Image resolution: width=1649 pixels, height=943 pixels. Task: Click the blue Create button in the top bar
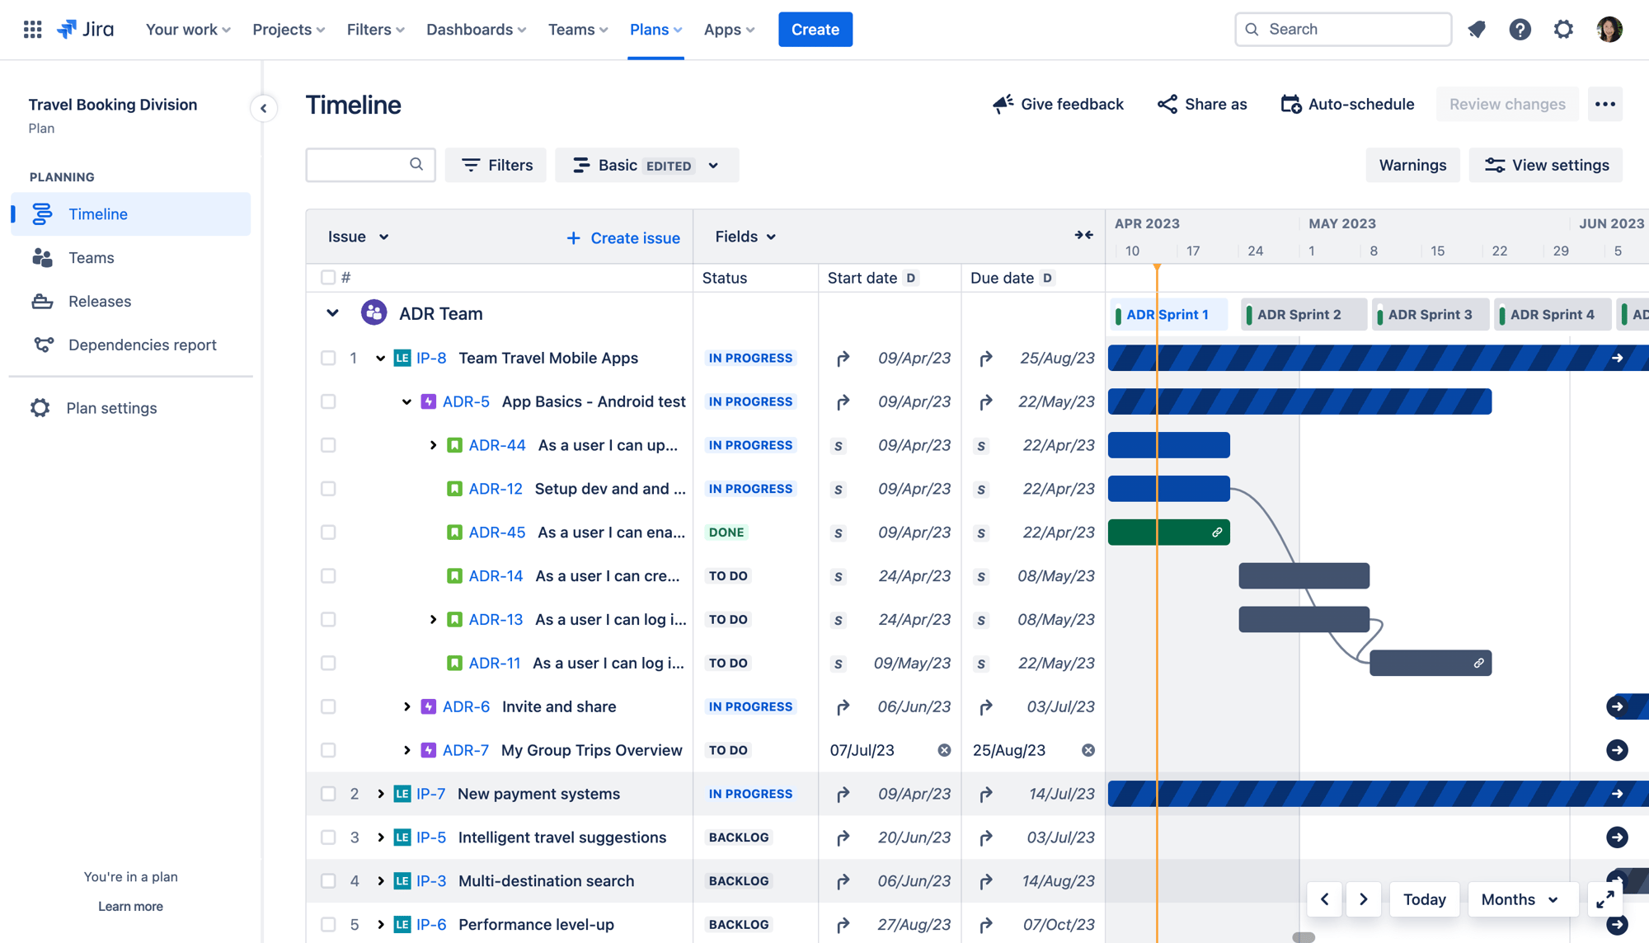click(x=815, y=30)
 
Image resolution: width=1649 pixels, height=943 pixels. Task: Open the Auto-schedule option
click(x=1347, y=105)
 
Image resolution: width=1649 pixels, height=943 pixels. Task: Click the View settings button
click(x=1546, y=166)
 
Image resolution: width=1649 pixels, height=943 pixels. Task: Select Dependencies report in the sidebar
click(x=142, y=345)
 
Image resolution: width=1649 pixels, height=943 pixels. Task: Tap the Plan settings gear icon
click(x=40, y=408)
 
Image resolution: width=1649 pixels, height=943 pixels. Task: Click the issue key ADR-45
click(x=497, y=532)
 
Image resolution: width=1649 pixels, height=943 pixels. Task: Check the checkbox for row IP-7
click(x=328, y=794)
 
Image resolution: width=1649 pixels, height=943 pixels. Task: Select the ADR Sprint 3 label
click(x=1429, y=315)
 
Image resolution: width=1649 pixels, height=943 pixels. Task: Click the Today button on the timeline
click(x=1424, y=899)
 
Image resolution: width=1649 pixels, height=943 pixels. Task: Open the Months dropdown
click(x=1520, y=899)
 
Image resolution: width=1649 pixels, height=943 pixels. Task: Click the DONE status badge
click(x=726, y=532)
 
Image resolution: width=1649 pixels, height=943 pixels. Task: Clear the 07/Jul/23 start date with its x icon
click(x=944, y=750)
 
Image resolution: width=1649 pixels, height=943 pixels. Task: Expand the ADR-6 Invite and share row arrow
click(x=406, y=706)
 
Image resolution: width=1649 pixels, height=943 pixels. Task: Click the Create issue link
click(x=623, y=238)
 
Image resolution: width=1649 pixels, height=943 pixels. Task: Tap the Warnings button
click(x=1412, y=166)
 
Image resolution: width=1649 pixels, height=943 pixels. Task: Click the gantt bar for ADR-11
click(x=1430, y=663)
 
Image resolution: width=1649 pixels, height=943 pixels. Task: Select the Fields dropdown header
click(x=745, y=237)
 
